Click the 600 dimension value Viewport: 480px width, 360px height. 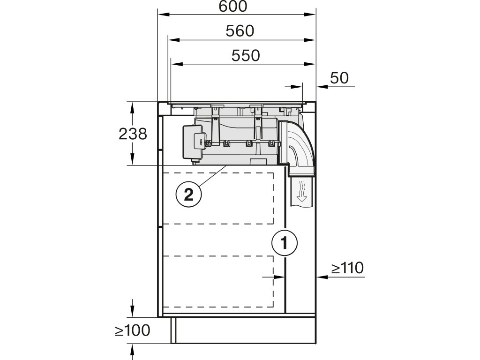[237, 7]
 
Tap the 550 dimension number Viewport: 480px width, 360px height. [246, 55]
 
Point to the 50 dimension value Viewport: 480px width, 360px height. [339, 78]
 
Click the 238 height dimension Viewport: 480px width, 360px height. [133, 134]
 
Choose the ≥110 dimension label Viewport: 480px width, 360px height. [347, 268]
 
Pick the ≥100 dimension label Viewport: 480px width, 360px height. [133, 330]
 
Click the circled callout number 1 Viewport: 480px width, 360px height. [284, 243]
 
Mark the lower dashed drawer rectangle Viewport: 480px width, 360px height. [218, 281]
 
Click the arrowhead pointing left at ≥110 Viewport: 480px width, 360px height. [321, 277]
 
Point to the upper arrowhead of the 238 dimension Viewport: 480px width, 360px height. [133, 105]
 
